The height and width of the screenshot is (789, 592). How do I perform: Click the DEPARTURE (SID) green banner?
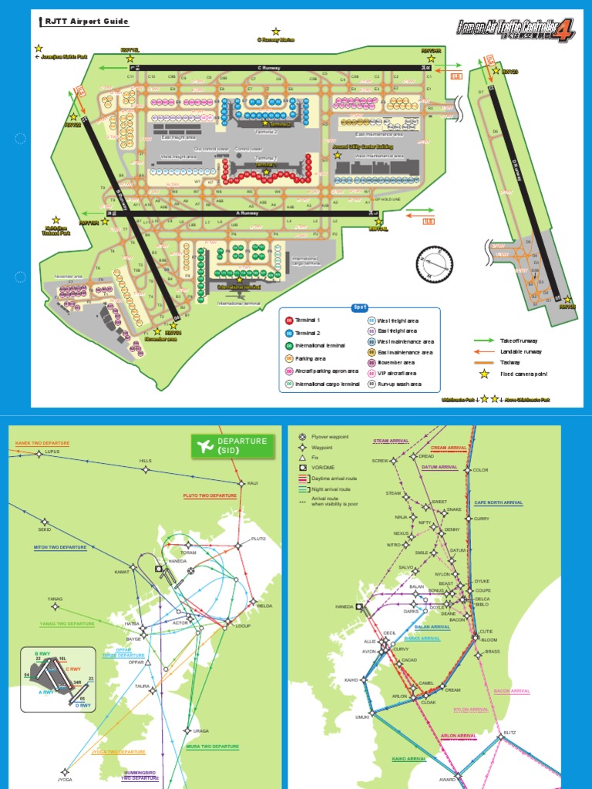click(x=232, y=445)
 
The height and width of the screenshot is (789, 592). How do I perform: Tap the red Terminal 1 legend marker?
click(x=290, y=320)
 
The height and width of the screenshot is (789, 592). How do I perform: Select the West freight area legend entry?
click(x=371, y=320)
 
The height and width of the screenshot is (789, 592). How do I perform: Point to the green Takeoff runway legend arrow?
click(x=484, y=340)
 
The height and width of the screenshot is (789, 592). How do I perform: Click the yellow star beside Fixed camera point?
click(x=484, y=374)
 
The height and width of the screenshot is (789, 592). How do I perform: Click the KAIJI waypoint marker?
click(x=242, y=484)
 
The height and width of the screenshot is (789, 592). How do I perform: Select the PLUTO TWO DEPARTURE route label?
click(x=210, y=496)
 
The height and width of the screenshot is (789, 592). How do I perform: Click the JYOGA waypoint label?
click(x=65, y=779)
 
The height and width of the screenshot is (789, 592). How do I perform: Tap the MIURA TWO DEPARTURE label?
click(x=212, y=746)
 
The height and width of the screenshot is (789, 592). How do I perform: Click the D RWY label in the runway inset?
click(x=82, y=705)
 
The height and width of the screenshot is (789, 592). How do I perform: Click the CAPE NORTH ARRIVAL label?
click(x=498, y=502)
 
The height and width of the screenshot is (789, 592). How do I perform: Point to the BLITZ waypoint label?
click(x=510, y=732)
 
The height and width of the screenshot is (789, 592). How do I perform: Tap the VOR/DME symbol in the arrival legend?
click(x=302, y=468)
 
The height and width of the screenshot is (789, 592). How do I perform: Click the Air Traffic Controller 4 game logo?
click(x=516, y=29)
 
